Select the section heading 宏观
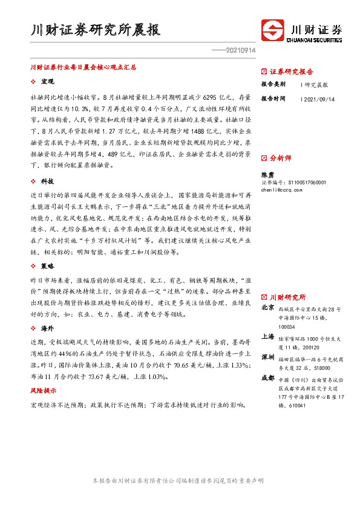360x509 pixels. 48,81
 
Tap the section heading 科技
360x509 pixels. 48,181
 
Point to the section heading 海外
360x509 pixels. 48,328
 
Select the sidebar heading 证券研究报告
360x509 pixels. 291,71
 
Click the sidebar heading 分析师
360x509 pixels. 280,158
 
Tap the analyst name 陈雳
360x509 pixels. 267,173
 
